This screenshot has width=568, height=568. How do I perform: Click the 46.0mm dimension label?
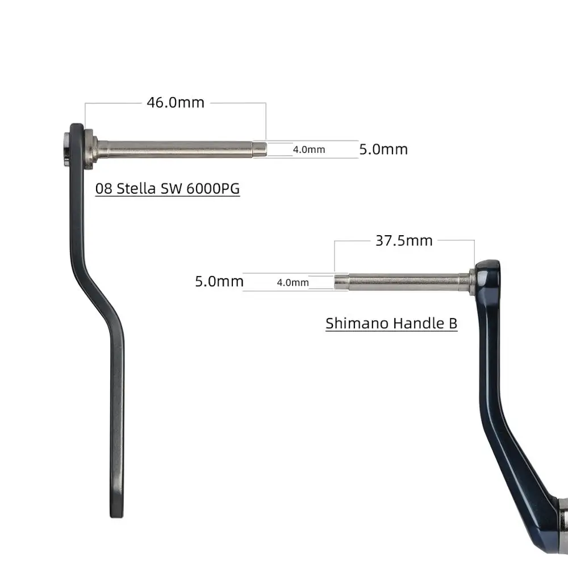point(175,103)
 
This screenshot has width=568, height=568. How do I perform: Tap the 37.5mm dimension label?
point(404,240)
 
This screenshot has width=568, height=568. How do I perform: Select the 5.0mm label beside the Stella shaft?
point(383,149)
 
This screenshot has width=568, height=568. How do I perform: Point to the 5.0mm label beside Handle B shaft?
point(219,281)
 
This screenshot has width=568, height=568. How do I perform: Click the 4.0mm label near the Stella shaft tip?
point(309,150)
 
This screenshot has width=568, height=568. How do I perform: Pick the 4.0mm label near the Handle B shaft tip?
point(293,282)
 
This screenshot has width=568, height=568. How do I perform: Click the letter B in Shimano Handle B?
point(453,323)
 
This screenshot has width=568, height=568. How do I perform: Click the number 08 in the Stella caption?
point(104,189)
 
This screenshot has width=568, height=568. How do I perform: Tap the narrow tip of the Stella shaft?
point(260,149)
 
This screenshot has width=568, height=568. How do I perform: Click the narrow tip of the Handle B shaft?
point(341,281)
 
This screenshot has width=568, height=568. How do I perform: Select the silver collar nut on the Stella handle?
point(90,149)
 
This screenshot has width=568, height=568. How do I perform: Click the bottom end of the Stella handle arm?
point(116,511)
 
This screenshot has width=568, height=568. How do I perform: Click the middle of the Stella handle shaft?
point(176,149)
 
